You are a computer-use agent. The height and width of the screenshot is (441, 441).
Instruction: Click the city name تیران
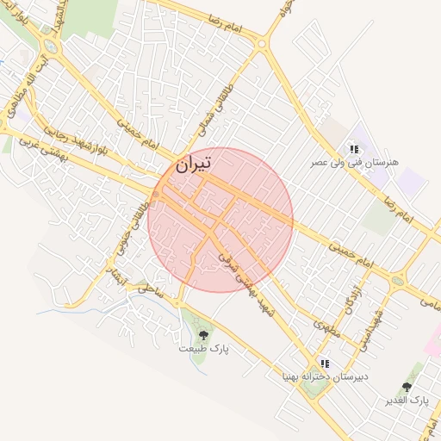[x=192, y=164]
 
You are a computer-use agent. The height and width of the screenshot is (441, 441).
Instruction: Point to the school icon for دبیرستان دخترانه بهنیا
[x=325, y=363]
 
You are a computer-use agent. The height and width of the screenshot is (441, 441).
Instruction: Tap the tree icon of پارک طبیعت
[x=204, y=334]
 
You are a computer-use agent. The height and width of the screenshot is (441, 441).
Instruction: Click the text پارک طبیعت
[x=204, y=349]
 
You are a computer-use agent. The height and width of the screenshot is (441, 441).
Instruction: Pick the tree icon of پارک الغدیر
[x=407, y=388]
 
